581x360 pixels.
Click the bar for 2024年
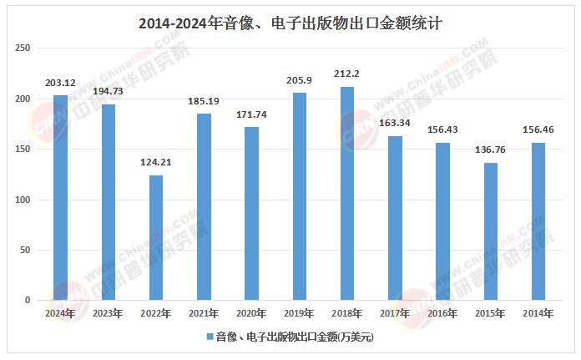(60, 198)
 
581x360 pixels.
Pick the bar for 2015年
(491, 231)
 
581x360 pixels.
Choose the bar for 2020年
(251, 214)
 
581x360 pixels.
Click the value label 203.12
(60, 83)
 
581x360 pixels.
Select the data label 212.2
(347, 74)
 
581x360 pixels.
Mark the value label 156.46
(538, 130)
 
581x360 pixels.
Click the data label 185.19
(204, 101)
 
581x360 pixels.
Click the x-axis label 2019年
(300, 314)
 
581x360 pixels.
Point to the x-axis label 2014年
(538, 314)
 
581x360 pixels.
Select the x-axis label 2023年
(109, 314)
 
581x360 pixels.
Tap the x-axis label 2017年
(395, 314)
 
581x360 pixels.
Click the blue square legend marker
(209, 337)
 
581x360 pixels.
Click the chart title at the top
(290, 23)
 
